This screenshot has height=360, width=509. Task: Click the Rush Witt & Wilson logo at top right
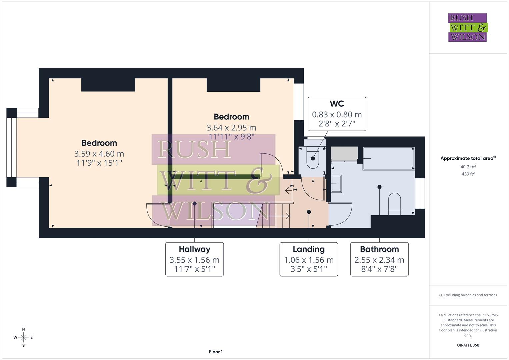click(467, 28)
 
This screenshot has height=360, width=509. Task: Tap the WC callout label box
click(337, 114)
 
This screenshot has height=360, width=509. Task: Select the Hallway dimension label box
click(194, 259)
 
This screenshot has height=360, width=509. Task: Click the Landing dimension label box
click(309, 259)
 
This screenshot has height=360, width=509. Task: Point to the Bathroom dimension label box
click(379, 259)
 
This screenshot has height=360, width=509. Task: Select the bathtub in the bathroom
click(389, 158)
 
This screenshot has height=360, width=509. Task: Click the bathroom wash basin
click(336, 184)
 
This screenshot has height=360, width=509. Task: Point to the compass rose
click(23, 337)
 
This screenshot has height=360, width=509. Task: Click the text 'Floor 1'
click(216, 352)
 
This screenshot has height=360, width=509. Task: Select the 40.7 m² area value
click(468, 167)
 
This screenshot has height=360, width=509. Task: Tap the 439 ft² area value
click(468, 174)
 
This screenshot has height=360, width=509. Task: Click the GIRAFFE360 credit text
click(468, 345)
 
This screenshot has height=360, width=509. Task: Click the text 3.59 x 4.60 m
click(99, 154)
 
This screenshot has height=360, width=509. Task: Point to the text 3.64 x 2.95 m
click(231, 128)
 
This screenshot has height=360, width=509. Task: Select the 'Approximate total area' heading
click(468, 158)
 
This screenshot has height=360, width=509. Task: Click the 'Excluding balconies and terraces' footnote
click(468, 295)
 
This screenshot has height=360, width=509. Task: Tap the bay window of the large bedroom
click(12, 147)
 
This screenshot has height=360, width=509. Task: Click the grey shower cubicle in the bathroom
click(344, 154)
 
